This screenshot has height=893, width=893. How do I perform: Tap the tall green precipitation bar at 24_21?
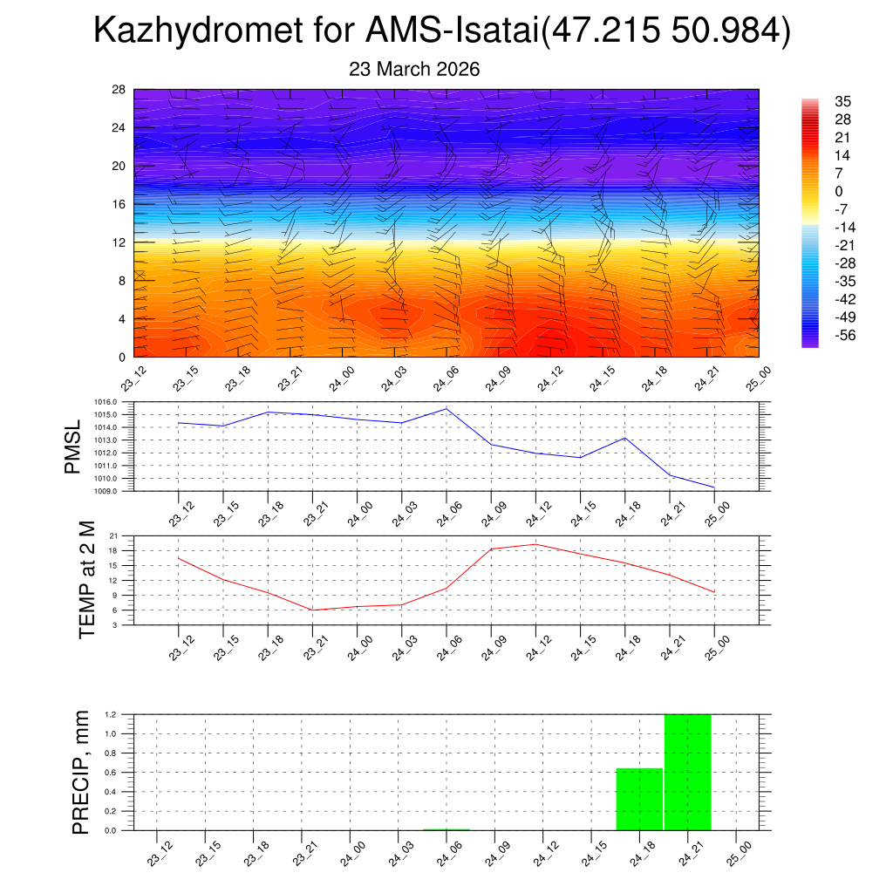[x=687, y=772]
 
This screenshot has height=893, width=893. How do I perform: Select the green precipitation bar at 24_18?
[x=639, y=799]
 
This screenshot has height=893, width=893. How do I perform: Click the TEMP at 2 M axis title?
[x=86, y=579]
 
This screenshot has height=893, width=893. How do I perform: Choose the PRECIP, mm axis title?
[x=81, y=772]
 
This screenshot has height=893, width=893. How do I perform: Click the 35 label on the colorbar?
[x=843, y=102]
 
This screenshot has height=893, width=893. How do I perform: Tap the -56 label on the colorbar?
[x=843, y=336]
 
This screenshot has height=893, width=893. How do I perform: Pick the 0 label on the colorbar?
[x=839, y=192]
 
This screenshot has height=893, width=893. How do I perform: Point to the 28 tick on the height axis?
[x=119, y=90]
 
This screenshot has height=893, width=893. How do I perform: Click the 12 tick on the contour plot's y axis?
[x=119, y=242]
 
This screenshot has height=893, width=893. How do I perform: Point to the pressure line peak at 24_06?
[x=446, y=409]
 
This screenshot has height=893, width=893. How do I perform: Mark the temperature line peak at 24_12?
[x=535, y=544]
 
